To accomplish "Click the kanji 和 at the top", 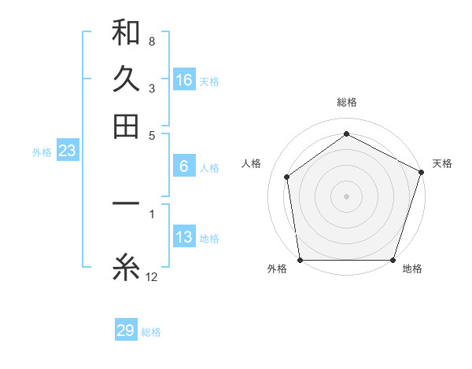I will (126, 32).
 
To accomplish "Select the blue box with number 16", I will (184, 80).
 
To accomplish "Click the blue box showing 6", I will (184, 166).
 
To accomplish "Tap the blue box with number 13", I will (184, 238).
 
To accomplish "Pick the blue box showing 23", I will (67, 152).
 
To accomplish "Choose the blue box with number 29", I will (126, 331).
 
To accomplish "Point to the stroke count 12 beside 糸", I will (152, 277).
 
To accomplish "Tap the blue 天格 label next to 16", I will (209, 81).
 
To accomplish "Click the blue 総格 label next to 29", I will (151, 332).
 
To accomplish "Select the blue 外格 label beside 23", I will (42, 152).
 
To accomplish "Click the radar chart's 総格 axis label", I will (346, 102).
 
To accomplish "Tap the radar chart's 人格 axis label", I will (252, 163).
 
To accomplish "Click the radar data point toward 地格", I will (393, 260).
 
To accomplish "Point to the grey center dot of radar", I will (346, 195).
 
